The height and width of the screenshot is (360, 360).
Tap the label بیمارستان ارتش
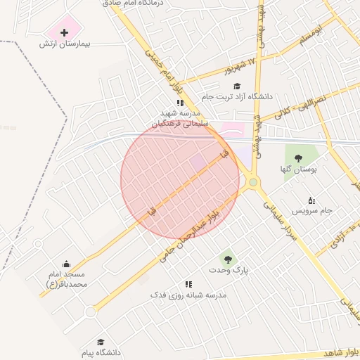(x=67, y=44)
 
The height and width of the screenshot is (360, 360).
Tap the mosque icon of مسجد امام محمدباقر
(x=67, y=263)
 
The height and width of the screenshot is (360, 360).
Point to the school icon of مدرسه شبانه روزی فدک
(x=188, y=284)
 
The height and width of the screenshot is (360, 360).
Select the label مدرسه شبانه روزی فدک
(x=188, y=295)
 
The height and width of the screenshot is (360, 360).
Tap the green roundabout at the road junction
(x=252, y=183)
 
